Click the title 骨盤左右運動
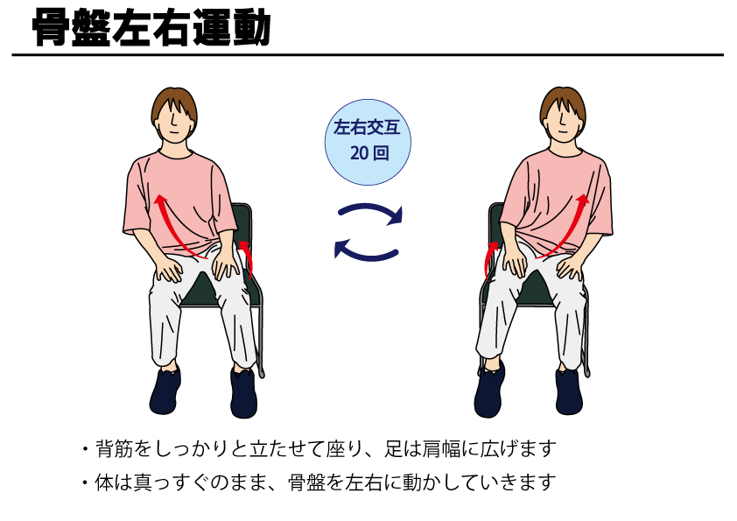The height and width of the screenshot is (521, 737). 151,28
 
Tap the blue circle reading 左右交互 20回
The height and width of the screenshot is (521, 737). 368,142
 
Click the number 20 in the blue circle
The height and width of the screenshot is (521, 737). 359,153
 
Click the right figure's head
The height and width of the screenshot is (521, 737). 563,115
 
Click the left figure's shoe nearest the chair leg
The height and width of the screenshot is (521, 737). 243,393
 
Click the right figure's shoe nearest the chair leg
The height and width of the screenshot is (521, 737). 569,391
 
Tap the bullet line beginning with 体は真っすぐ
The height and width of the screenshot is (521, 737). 319,482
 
